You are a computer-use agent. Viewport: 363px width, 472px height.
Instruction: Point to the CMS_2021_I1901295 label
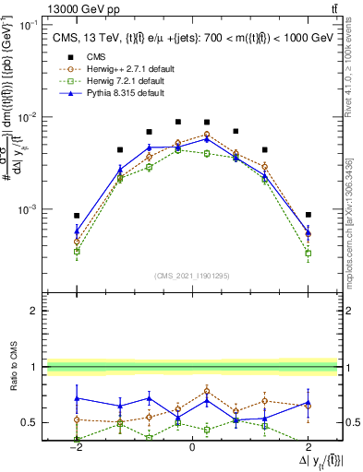point(191,276)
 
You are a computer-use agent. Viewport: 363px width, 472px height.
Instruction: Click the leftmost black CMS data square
point(77,216)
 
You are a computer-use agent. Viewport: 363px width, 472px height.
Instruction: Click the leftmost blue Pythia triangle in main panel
point(77,232)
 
